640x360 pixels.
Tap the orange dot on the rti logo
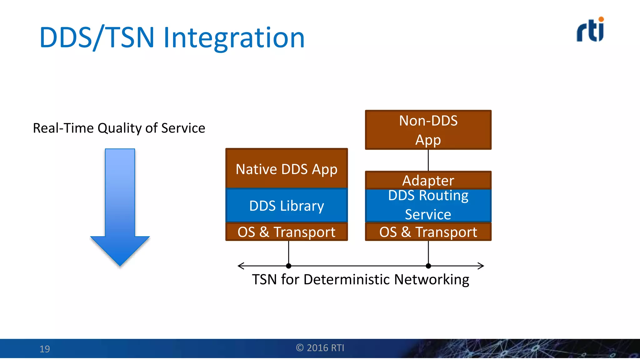[601, 19]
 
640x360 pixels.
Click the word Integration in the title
[234, 38]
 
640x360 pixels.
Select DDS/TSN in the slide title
[97, 38]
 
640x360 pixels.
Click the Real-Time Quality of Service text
[119, 128]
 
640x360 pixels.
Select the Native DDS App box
[287, 169]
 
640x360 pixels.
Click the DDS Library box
[287, 206]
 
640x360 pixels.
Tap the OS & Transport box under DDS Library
[287, 232]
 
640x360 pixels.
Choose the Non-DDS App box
[428, 130]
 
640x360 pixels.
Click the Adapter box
[428, 180]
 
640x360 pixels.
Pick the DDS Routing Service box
[428, 205]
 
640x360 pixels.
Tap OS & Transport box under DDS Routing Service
[428, 232]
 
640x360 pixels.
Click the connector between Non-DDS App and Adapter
[428, 160]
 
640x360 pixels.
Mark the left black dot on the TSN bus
[288, 266]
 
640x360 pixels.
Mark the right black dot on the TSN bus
[428, 266]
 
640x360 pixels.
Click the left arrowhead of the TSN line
[240, 266]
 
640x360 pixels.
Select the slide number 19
[45, 349]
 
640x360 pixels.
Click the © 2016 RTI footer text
[320, 348]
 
